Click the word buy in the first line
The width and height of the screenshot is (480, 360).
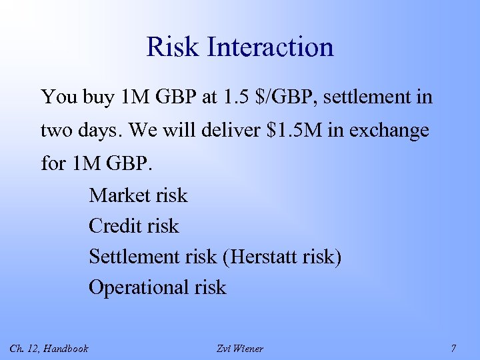point(99,98)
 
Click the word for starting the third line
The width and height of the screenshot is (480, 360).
point(53,163)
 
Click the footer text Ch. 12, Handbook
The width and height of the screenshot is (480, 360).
point(49,348)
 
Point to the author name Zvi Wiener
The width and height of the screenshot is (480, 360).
point(240,348)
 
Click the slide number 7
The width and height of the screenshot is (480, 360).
point(453,348)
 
